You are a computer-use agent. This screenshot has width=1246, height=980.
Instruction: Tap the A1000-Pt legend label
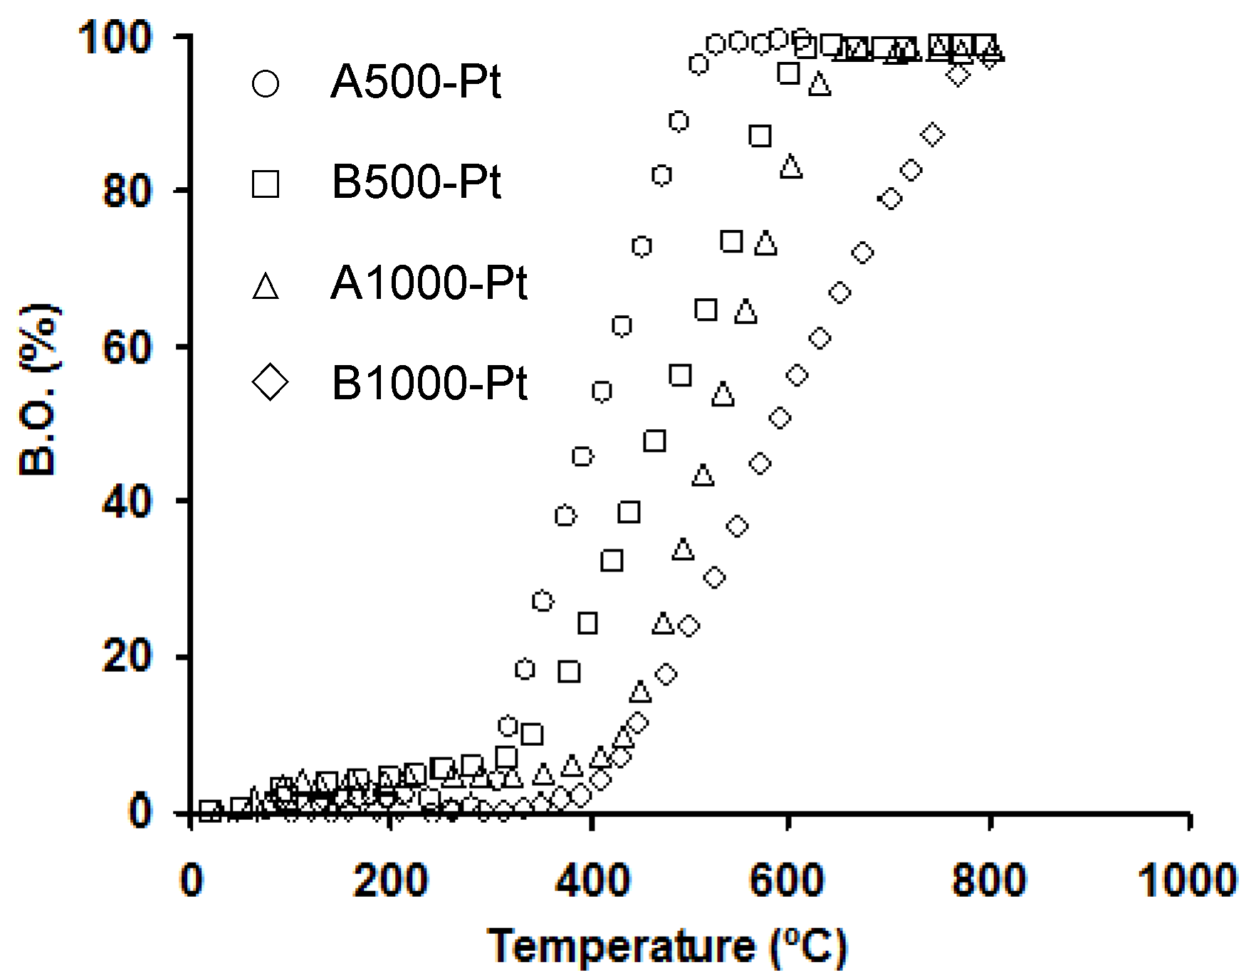(429, 283)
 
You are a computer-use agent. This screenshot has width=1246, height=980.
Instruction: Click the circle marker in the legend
(266, 83)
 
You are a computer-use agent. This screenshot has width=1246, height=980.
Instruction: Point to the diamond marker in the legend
(270, 382)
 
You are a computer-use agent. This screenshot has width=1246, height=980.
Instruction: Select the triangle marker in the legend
(266, 286)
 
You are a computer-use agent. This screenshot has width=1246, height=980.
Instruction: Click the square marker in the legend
(265, 184)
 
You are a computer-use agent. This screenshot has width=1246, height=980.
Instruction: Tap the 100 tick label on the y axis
(115, 37)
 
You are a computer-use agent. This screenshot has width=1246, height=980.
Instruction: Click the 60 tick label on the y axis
(127, 348)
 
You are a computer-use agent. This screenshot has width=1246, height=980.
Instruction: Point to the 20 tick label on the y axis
(127, 656)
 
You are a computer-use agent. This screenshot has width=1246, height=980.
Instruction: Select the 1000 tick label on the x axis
(1187, 880)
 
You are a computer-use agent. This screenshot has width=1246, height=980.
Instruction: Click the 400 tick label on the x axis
(592, 880)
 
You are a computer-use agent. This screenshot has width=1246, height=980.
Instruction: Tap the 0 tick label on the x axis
(192, 880)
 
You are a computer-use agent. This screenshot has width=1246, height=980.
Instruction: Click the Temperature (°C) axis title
(667, 947)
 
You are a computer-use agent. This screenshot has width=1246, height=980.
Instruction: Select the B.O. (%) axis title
(38, 389)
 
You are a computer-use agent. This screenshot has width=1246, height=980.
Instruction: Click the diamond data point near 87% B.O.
(932, 135)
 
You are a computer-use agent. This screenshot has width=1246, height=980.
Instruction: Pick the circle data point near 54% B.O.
(602, 391)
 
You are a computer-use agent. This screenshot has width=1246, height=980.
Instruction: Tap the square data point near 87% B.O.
(760, 136)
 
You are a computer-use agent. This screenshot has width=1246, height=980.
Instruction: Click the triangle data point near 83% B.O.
(791, 167)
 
